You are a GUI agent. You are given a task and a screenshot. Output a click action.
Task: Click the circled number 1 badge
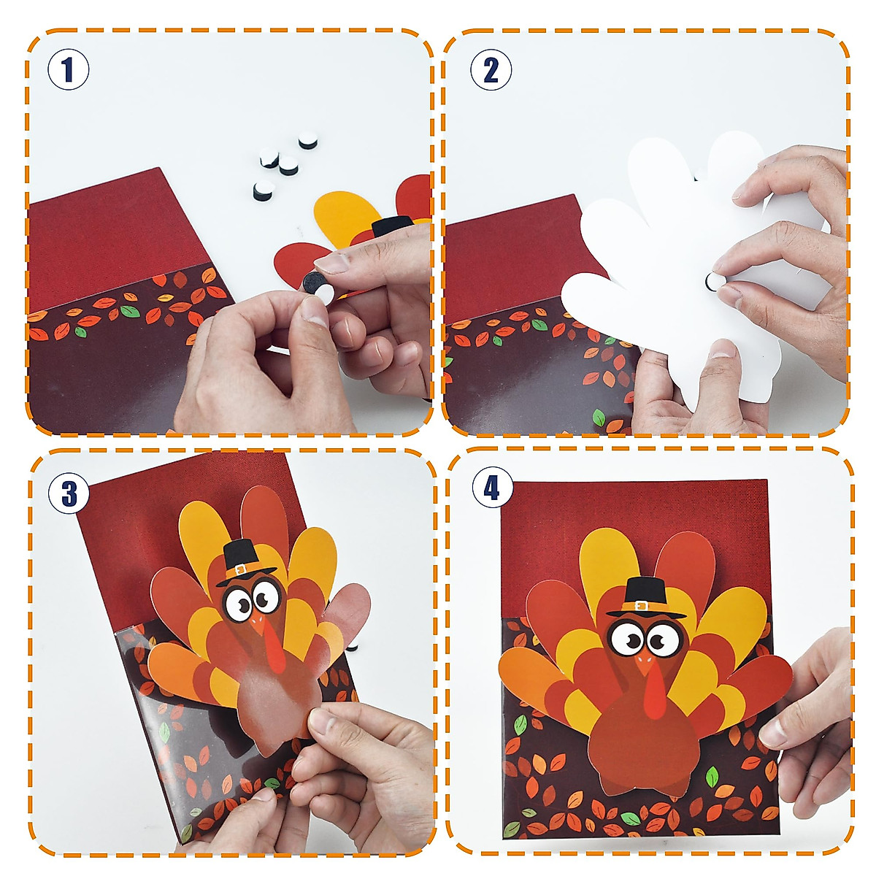coord(68,69)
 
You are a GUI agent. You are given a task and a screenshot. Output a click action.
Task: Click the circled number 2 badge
coord(491,69)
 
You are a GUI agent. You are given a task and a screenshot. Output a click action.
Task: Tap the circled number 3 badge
coord(69,493)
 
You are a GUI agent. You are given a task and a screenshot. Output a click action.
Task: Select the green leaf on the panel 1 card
coord(130,312)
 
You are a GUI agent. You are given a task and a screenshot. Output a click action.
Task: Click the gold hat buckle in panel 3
coord(241,569)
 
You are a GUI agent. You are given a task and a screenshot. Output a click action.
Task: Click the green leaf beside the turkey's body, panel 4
coord(712,777)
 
